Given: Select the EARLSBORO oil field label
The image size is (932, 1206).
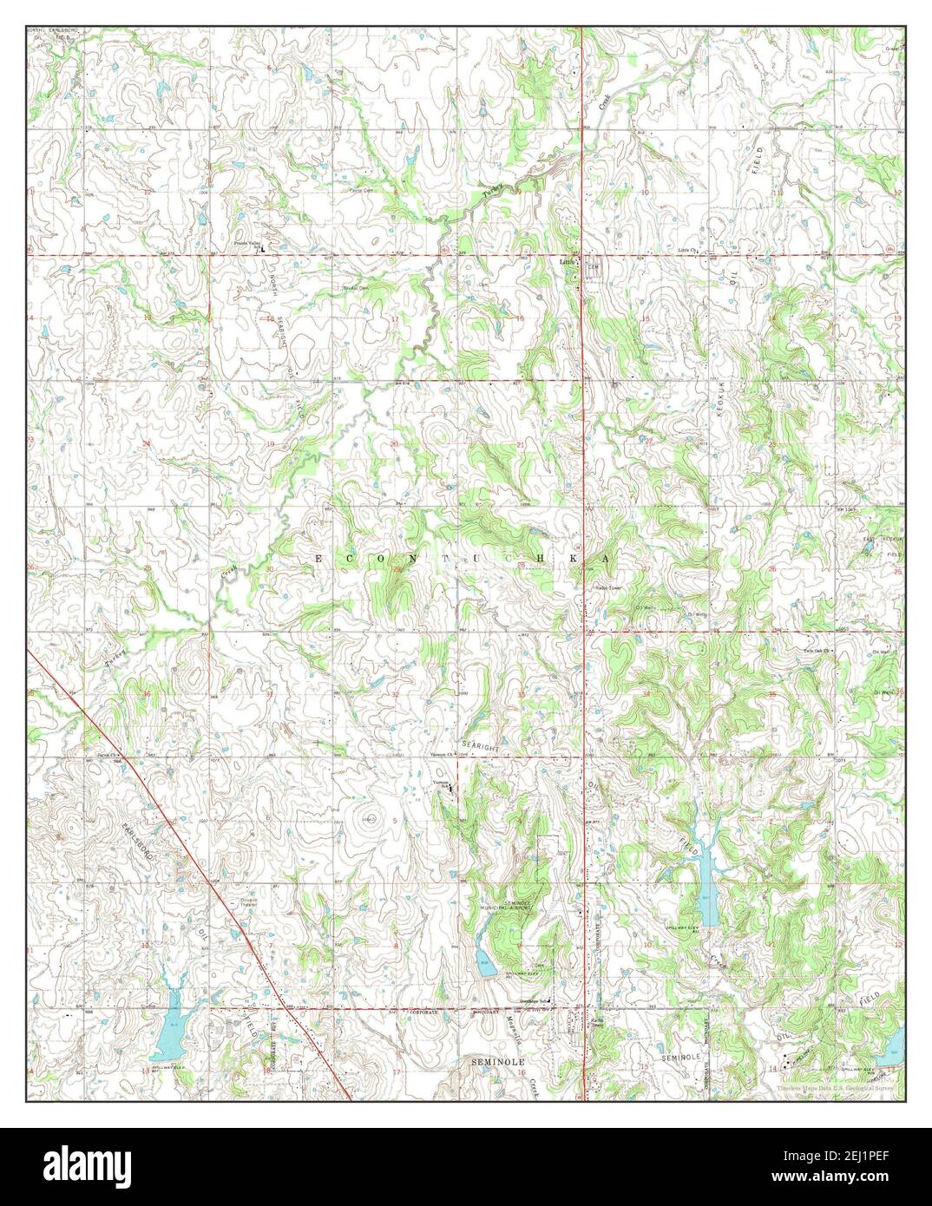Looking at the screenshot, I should tap(139, 842).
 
